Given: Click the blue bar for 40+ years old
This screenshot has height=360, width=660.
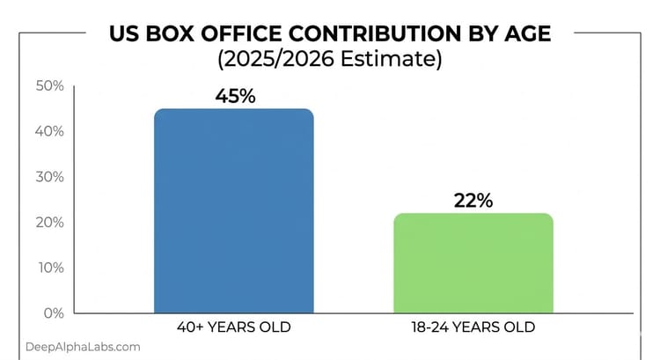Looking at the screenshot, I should click(x=233, y=211).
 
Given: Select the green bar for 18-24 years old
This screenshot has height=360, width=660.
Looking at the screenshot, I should click(x=473, y=263).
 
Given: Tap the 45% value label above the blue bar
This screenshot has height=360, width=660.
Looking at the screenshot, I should click(x=235, y=96).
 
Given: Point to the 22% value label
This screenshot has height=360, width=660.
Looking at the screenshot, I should click(x=473, y=200).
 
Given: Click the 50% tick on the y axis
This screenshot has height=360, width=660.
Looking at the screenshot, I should click(x=48, y=86).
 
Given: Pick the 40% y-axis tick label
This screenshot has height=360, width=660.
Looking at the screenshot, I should click(x=48, y=132).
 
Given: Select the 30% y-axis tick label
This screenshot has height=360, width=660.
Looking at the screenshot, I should click(x=48, y=177).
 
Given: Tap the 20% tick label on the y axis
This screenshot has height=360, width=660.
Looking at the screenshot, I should click(x=48, y=223).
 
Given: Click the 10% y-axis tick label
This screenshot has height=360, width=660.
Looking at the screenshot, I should click(x=48, y=268).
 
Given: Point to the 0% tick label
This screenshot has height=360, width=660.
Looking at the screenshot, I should click(x=52, y=313).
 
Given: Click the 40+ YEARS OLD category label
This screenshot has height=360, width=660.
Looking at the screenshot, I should click(x=233, y=327).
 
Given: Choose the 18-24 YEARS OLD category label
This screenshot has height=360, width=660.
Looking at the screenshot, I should click(x=473, y=327).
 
